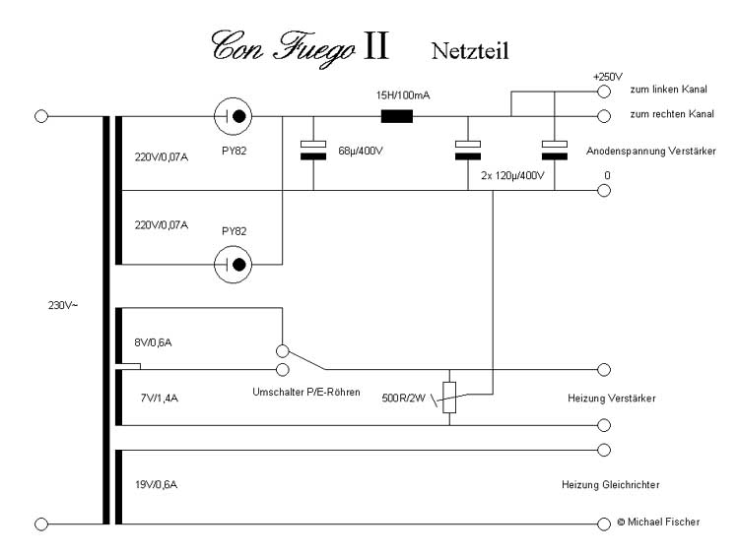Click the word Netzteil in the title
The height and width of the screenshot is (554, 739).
(x=469, y=50)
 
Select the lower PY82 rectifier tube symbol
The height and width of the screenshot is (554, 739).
(x=234, y=264)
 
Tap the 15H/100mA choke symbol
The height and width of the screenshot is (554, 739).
(x=396, y=115)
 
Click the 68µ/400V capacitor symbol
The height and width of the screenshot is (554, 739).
(x=312, y=151)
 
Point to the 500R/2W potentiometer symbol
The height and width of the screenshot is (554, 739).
(x=449, y=398)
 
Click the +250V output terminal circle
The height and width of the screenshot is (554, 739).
(x=604, y=92)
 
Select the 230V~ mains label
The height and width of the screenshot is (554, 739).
(x=62, y=304)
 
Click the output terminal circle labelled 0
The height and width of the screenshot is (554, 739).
(x=604, y=191)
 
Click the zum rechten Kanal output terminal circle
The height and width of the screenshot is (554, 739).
(x=604, y=115)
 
